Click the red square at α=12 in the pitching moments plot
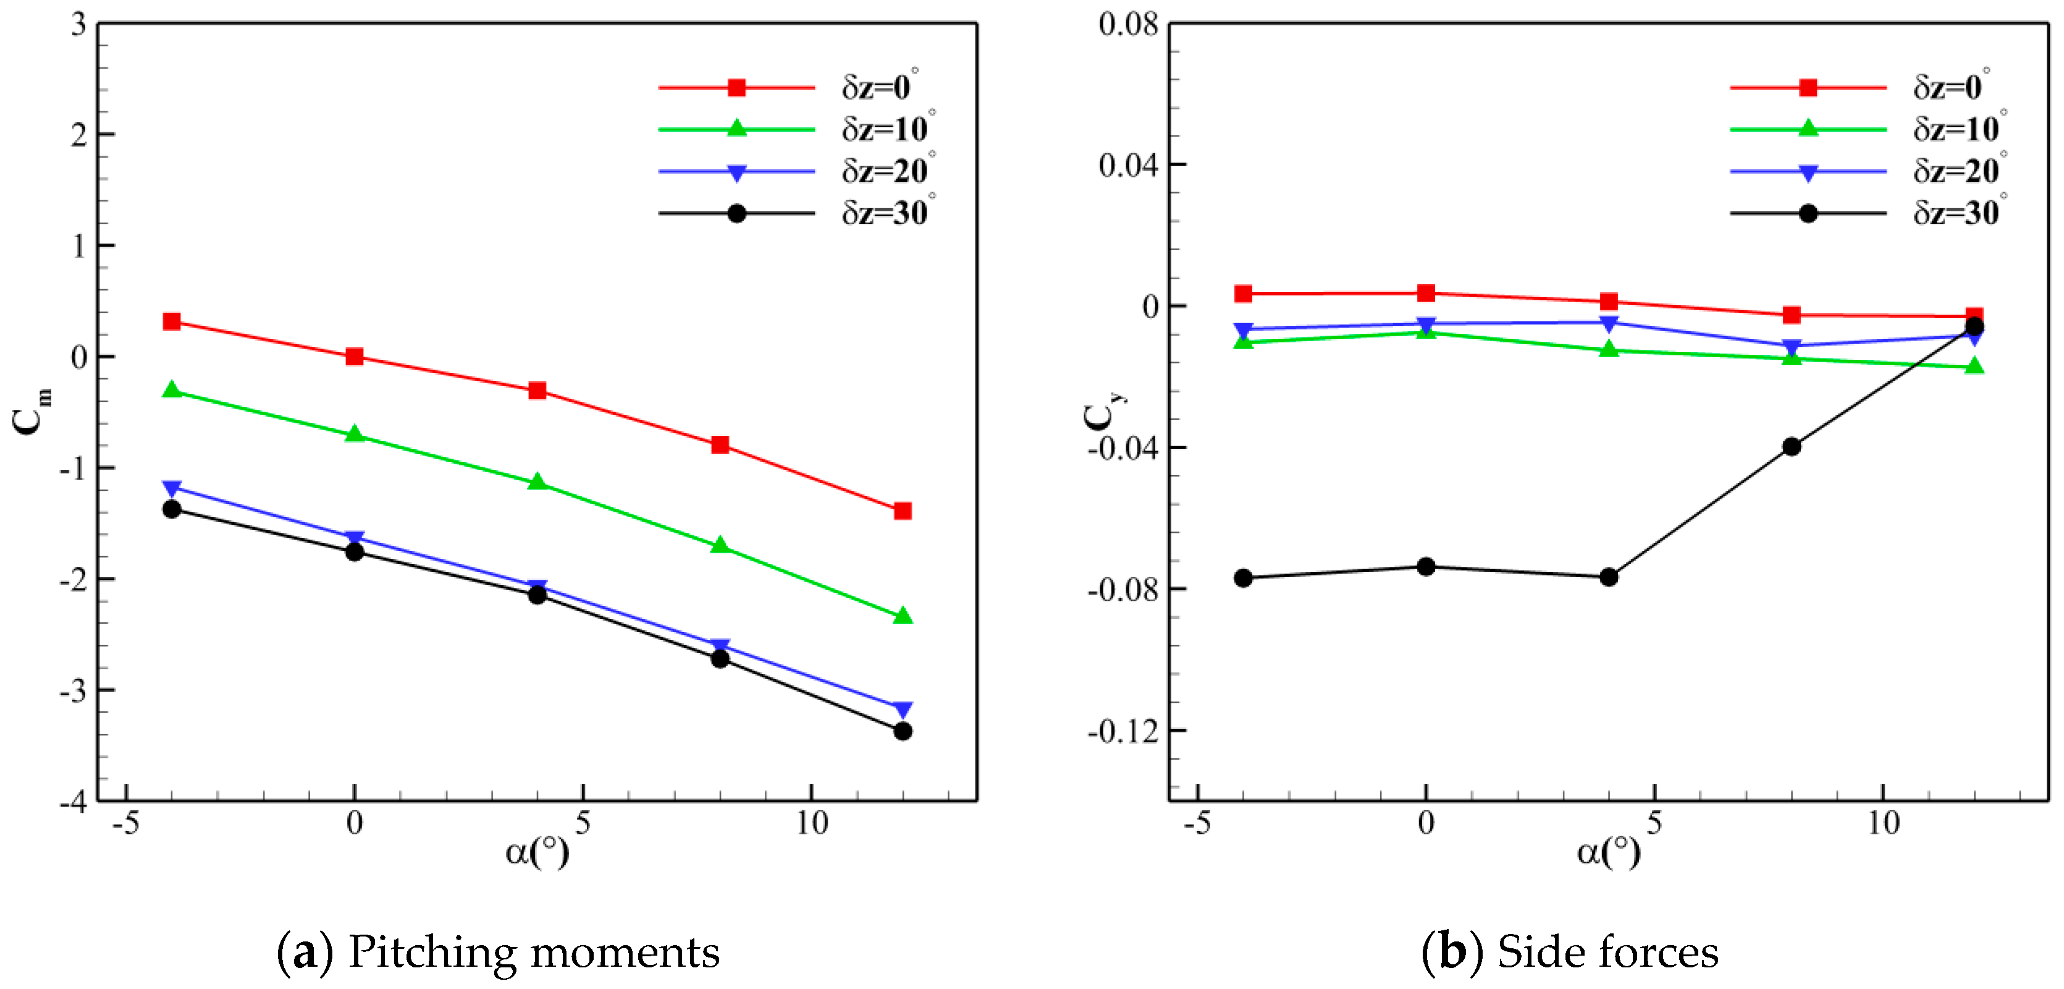coord(902,510)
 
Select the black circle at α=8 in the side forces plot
coord(1792,447)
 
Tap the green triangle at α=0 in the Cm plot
coord(354,434)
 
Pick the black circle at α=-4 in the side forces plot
coord(1243,578)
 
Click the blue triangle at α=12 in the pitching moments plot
coord(902,709)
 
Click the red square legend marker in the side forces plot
coord(1808,87)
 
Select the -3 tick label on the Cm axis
coord(74,691)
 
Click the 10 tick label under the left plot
coord(811,823)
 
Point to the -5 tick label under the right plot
coord(1197,823)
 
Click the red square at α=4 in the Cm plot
coord(537,390)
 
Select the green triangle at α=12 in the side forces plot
coord(1974,366)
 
